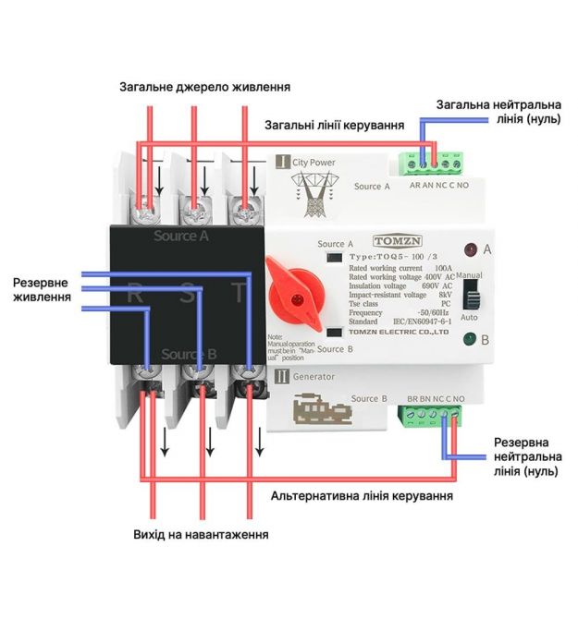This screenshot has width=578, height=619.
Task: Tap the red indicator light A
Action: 470,249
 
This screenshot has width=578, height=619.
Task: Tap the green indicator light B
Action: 470,340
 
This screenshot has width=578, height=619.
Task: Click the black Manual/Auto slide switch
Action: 470,295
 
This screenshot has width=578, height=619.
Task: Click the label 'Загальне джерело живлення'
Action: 204,87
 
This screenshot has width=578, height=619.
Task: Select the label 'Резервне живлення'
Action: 43,289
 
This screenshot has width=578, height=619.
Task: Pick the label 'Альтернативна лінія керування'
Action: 362,496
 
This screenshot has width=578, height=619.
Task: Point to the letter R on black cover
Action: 135,295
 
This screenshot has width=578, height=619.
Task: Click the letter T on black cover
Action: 239,295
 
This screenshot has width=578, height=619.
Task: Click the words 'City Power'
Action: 314,163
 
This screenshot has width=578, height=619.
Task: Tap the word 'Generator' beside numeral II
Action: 314,376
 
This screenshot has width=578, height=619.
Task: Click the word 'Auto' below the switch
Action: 470,317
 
